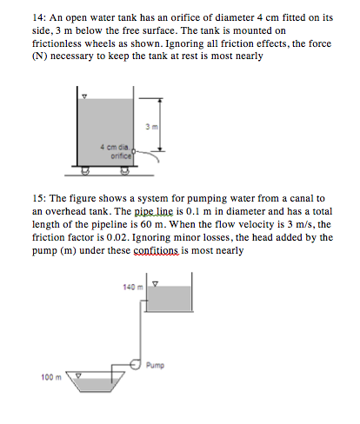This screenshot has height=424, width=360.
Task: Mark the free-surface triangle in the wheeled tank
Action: pyautogui.click(x=83, y=98)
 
